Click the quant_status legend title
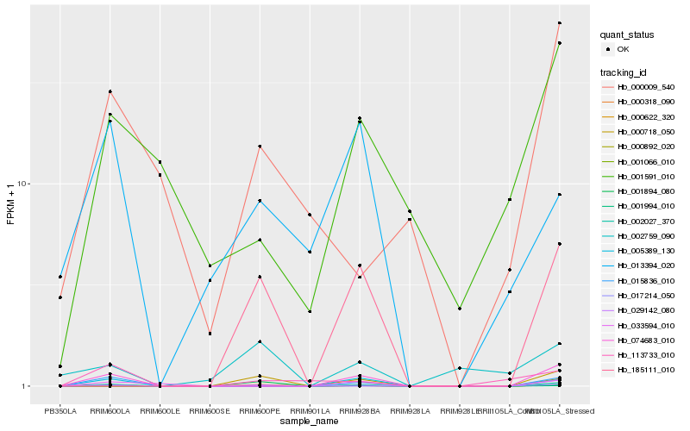[x=627, y=34]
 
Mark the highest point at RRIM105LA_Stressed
[x=560, y=23]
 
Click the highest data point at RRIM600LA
[x=110, y=91]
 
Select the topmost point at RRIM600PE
[x=260, y=147]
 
